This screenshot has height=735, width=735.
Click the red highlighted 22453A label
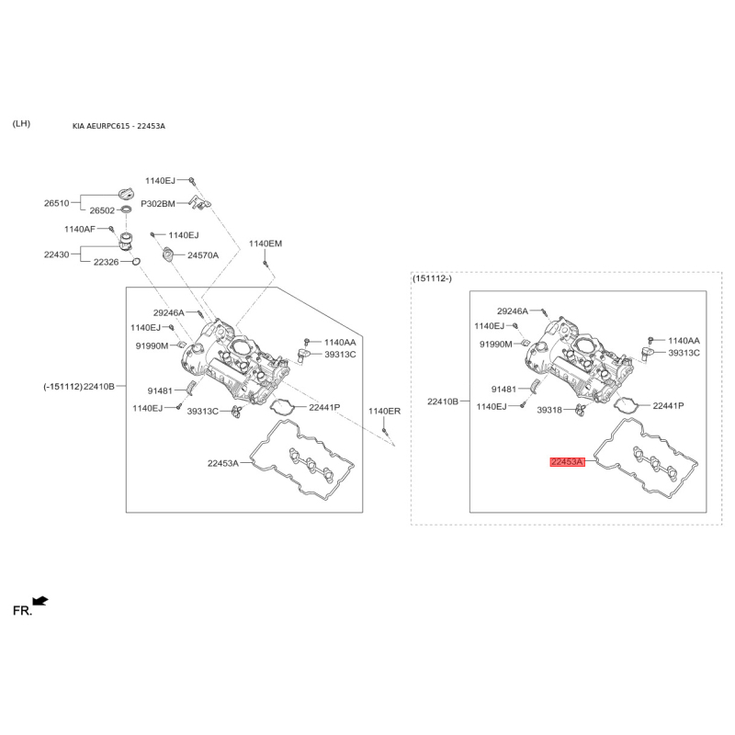[x=567, y=462]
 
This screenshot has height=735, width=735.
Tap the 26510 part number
[x=56, y=203]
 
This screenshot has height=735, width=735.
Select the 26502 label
[x=102, y=210]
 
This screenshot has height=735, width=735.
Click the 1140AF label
[x=80, y=229]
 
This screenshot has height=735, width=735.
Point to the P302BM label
[x=158, y=204]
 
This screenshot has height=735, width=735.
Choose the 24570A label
[x=203, y=255]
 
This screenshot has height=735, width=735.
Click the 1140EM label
[x=266, y=243]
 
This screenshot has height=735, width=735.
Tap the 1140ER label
[x=384, y=412]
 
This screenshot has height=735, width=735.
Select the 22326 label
[x=106, y=262]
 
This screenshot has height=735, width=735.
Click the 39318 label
[x=548, y=410]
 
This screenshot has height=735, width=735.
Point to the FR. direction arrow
[x=40, y=601]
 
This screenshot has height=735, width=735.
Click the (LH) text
[x=21, y=124]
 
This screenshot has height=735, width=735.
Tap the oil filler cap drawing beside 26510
[x=127, y=194]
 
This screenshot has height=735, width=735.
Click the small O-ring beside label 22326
[x=136, y=261]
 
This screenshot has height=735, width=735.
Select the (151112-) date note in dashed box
[x=432, y=279]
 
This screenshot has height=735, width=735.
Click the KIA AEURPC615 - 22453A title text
[x=119, y=126]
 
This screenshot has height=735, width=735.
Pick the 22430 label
[x=56, y=254]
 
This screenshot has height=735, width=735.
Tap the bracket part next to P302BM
[x=199, y=202]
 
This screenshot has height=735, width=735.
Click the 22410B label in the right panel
[x=443, y=401]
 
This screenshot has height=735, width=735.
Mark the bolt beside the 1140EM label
[x=266, y=265]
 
